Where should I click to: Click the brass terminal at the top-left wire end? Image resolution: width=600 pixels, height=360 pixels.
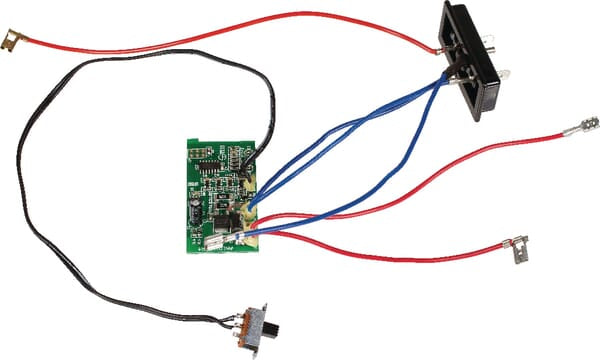[x=12, y=39]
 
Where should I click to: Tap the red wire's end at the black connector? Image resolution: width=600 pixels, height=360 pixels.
[x=440, y=44]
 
